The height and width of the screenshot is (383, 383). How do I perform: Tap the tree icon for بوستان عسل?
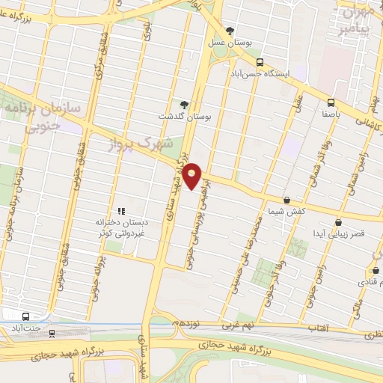pyautogui.click(x=230, y=31)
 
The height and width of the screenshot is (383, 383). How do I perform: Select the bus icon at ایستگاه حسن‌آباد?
pyautogui.click(x=260, y=62)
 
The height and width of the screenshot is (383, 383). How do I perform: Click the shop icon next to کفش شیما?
pyautogui.click(x=287, y=200)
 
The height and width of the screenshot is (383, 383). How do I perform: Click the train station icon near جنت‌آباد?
pyautogui.click(x=52, y=334)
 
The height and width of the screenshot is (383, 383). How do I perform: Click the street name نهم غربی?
pyautogui.click(x=237, y=326)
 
